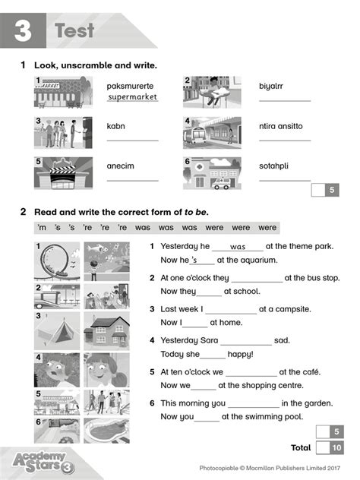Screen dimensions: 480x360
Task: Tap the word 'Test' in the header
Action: click(74, 31)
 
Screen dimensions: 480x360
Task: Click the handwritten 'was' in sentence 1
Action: click(238, 247)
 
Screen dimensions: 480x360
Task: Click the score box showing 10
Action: click(334, 447)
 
